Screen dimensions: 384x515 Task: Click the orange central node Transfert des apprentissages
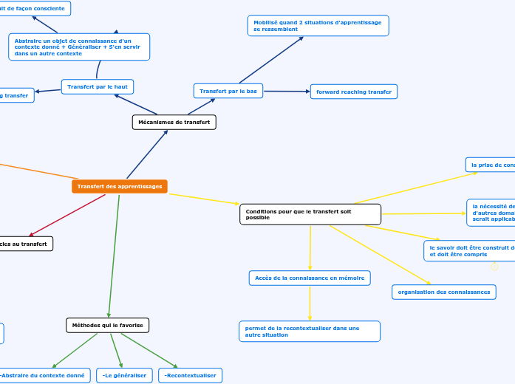point(120,186)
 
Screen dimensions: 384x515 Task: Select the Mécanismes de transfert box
point(174,122)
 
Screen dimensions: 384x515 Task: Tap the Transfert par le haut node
point(98,86)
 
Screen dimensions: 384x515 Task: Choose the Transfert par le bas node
point(228,91)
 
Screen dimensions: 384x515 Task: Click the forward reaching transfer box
point(354,92)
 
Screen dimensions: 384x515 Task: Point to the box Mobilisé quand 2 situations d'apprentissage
point(318,26)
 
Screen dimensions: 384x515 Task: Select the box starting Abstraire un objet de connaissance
point(79,47)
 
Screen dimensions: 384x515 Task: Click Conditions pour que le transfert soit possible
point(310,214)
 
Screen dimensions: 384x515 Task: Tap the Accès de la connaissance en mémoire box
point(310,278)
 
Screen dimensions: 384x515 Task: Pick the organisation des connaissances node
point(444,292)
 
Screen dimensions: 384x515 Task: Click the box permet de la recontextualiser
point(310,331)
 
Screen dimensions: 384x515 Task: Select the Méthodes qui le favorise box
point(108,325)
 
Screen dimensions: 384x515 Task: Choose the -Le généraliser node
point(124,375)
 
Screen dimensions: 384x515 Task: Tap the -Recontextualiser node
point(190,375)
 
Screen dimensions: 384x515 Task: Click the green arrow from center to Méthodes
point(115,255)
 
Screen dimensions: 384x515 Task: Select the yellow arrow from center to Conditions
point(203,198)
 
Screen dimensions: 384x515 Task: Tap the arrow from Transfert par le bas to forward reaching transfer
point(286,92)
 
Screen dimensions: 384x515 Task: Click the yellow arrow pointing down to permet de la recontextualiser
point(310,303)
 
